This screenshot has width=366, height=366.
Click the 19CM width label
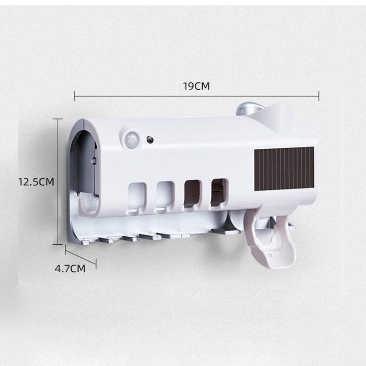click(196, 86)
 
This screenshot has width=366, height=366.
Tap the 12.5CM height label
click(36, 182)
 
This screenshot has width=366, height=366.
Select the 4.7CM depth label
click(70, 269)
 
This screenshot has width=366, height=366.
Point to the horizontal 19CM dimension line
click(137, 96)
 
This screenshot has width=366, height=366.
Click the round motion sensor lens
click(132, 138)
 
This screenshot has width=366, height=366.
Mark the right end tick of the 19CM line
click(318, 96)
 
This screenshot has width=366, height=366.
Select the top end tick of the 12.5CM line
click(58, 119)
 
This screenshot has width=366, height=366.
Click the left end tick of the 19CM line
click(74, 96)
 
